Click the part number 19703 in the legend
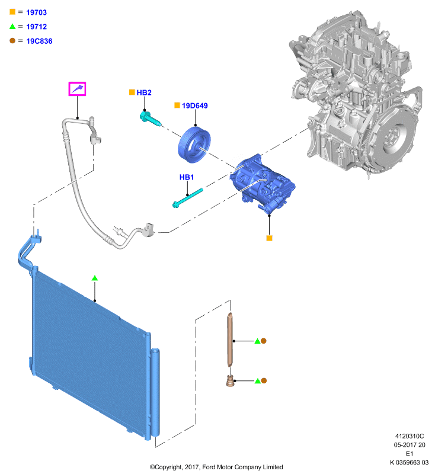click(36, 12)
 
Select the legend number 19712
click(36, 27)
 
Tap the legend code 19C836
click(39, 41)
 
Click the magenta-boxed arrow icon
click(77, 89)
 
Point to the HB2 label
click(144, 92)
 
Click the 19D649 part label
click(194, 105)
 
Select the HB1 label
click(187, 177)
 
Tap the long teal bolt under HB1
click(187, 198)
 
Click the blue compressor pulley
click(194, 145)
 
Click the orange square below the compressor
click(269, 238)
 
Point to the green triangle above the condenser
click(95, 278)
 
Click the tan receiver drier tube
click(231, 340)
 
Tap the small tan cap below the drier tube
click(230, 381)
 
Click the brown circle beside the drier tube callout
click(264, 341)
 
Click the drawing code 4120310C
click(410, 436)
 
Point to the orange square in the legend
click(12, 12)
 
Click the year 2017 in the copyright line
click(192, 467)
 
